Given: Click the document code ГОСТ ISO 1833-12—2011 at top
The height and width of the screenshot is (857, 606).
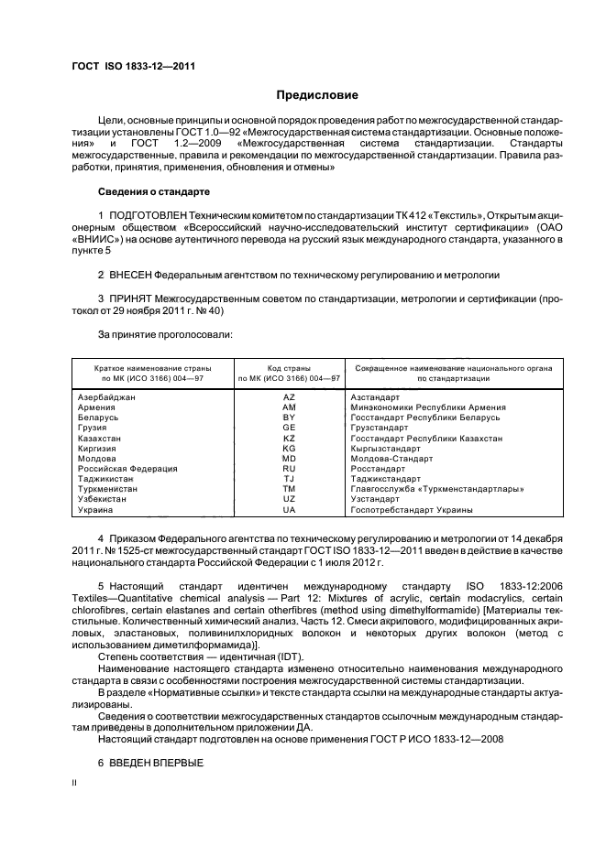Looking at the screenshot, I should tap(133, 66).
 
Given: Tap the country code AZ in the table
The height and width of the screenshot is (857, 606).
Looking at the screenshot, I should tap(289, 397).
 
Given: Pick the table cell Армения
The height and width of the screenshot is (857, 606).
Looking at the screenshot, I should tap(97, 407).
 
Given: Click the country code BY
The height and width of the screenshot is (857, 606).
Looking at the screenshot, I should tap(289, 418).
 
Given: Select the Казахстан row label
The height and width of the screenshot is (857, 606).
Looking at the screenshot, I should tap(101, 438).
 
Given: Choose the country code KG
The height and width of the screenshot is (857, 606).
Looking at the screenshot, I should tap(289, 448).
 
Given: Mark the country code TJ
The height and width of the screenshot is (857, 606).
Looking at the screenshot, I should tap(289, 479).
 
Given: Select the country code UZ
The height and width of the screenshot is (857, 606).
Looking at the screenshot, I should tap(289, 499).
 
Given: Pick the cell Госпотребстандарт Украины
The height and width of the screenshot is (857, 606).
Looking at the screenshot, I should tap(412, 509).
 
